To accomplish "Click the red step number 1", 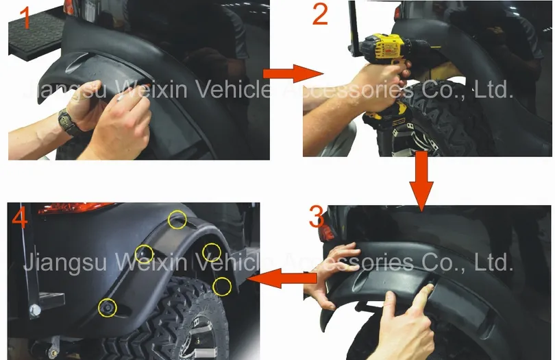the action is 25,18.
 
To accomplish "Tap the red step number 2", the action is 321,14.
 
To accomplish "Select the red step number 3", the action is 317,217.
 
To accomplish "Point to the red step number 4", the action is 19,219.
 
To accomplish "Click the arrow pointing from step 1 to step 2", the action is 293,73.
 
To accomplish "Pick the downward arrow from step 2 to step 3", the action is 421,182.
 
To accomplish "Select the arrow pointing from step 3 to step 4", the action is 282,278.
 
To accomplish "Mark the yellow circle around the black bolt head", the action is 108,307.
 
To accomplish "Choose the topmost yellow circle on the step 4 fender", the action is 177,219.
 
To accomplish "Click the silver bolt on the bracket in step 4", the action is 35,310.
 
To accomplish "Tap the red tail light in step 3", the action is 326,230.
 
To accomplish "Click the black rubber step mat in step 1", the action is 36,34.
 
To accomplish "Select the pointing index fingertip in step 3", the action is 430,287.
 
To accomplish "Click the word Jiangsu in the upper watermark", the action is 65,90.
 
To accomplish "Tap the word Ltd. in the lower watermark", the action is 493,262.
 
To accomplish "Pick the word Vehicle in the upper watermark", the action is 233,90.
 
